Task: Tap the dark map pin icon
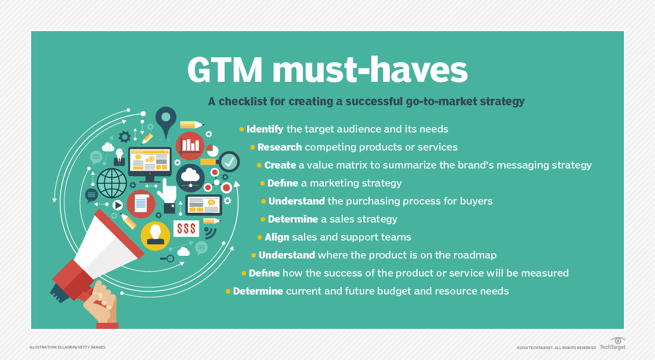coord(166,118)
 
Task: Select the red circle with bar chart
coord(190,145)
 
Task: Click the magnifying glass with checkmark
coord(229,161)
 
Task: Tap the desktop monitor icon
coord(150,162)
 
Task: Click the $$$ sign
coord(186,229)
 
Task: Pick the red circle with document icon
coord(141,203)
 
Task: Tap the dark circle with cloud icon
coord(190,177)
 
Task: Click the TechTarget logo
coord(612,344)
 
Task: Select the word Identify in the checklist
coord(265,129)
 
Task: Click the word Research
coord(279,147)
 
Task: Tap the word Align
coord(277,237)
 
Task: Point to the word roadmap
coord(475,255)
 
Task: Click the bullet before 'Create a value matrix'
coord(259,165)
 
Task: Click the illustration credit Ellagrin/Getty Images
coord(68,347)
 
